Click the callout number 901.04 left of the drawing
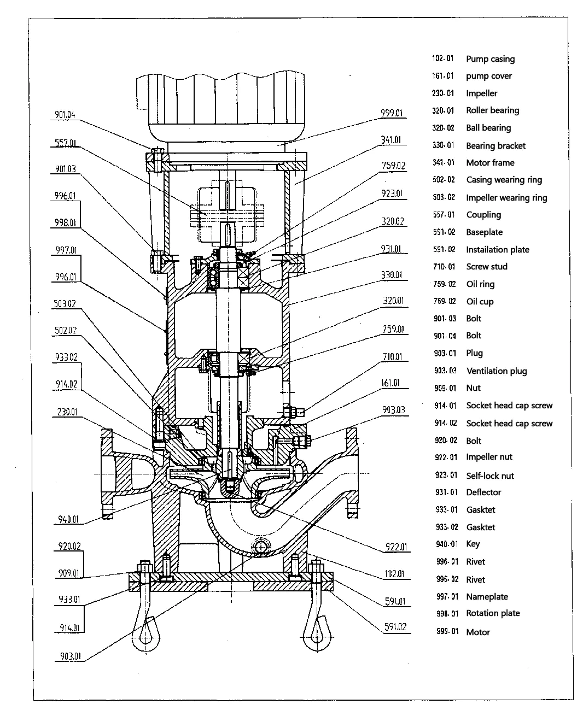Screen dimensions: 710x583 click(65, 115)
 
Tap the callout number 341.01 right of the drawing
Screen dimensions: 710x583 click(391, 140)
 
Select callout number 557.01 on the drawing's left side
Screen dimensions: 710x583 click(65, 144)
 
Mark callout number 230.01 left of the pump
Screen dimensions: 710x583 click(66, 412)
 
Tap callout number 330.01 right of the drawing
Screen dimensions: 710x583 click(391, 275)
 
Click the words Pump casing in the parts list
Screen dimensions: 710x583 click(490, 59)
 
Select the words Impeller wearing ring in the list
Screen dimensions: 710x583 click(506, 198)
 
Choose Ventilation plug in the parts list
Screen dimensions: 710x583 click(496, 371)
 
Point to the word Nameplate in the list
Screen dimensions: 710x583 click(487, 597)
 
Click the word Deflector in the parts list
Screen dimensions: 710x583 click(483, 492)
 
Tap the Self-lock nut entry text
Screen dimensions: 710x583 click(489, 476)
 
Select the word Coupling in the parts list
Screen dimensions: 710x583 click(483, 215)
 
